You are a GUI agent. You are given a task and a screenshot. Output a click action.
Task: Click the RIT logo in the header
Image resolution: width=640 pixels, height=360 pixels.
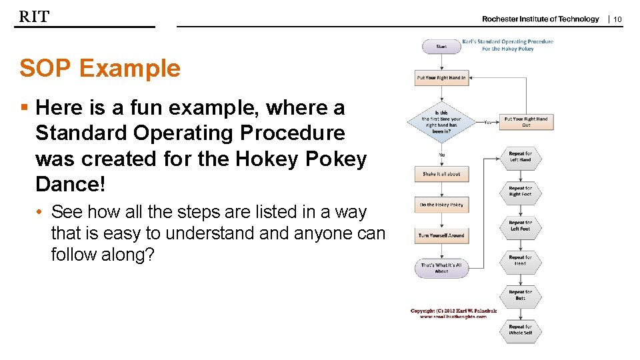[x=34, y=17]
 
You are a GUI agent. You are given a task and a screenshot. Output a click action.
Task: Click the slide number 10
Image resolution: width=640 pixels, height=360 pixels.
[x=617, y=19]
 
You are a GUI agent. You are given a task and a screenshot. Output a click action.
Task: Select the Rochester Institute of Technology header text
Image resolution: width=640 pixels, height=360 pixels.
[x=540, y=19]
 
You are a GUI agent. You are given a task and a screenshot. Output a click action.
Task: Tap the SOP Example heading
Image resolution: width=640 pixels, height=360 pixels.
[x=100, y=68]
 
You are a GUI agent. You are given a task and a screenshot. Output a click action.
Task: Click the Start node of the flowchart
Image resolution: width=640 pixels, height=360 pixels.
[x=441, y=47]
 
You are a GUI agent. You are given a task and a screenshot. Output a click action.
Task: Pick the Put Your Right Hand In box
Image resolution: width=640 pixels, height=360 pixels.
[x=441, y=78]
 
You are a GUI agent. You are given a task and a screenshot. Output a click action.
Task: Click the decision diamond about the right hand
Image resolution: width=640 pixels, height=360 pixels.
[x=441, y=122]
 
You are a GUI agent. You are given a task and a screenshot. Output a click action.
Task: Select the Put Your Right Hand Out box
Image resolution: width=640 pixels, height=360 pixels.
[x=525, y=122]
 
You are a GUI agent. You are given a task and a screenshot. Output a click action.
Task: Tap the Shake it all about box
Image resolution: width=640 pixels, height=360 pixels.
[x=441, y=174]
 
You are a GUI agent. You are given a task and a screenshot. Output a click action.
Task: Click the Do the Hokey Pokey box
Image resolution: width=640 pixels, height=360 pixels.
[x=441, y=205]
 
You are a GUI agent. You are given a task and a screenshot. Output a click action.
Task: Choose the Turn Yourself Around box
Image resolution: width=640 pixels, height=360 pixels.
[x=441, y=235]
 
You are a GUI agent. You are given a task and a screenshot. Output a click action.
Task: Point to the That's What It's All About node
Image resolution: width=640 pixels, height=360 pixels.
[x=441, y=268]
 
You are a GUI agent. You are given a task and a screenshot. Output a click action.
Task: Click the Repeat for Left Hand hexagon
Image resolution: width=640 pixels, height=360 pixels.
[x=520, y=157]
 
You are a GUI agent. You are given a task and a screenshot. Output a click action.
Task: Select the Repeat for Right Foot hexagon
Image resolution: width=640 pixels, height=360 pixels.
[x=520, y=191]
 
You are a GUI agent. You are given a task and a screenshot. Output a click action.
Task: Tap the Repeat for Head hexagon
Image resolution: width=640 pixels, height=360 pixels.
[x=520, y=261]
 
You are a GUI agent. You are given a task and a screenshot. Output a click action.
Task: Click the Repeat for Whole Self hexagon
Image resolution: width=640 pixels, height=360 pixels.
[x=520, y=330]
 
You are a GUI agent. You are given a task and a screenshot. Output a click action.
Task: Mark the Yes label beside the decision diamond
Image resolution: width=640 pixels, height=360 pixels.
[x=488, y=122]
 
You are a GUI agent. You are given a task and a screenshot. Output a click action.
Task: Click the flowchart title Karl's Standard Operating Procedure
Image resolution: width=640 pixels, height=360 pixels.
[x=507, y=41]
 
